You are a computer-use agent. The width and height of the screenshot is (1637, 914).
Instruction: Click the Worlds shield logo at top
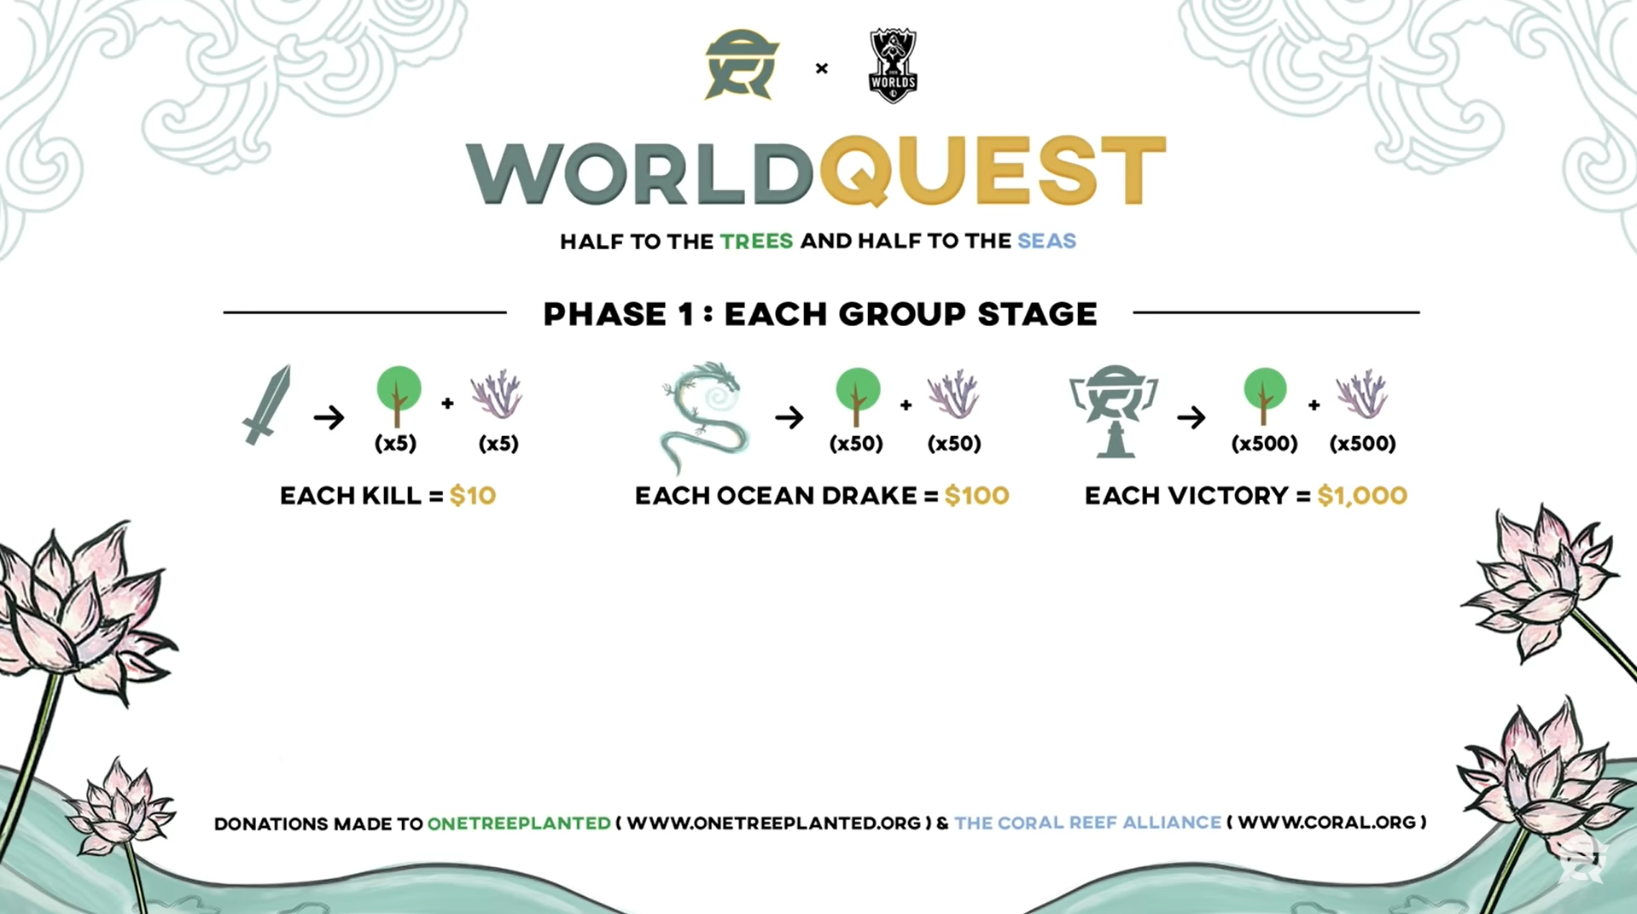pyautogui.click(x=893, y=66)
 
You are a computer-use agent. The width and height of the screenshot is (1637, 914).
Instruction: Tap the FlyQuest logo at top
pyautogui.click(x=742, y=65)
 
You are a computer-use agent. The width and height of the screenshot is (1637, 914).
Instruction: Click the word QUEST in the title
pyautogui.click(x=993, y=172)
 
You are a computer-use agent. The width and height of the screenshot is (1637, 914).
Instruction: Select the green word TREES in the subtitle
pyautogui.click(x=756, y=242)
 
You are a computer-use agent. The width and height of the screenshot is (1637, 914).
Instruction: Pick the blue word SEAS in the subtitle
pyautogui.click(x=1046, y=242)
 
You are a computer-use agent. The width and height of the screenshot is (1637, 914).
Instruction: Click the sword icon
pyautogui.click(x=267, y=405)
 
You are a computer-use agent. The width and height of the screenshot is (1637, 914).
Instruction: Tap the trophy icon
pyautogui.click(x=1114, y=411)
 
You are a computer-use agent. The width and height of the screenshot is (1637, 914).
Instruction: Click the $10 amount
pyautogui.click(x=473, y=496)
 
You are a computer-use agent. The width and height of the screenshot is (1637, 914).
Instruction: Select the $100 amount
pyautogui.click(x=976, y=496)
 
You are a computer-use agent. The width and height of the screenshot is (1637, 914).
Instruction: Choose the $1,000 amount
pyautogui.click(x=1362, y=496)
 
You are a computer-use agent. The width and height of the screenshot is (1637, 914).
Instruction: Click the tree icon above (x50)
pyautogui.click(x=857, y=396)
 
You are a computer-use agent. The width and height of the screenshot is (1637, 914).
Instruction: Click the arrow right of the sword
pyautogui.click(x=329, y=417)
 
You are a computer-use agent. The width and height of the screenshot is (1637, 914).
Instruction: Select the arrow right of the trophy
pyautogui.click(x=1191, y=417)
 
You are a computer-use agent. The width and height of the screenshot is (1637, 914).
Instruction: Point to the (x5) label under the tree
pyautogui.click(x=396, y=444)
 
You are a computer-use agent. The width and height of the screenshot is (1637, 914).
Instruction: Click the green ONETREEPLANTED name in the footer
pyautogui.click(x=519, y=824)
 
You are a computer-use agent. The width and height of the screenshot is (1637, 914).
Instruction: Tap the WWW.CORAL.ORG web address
pyautogui.click(x=1327, y=823)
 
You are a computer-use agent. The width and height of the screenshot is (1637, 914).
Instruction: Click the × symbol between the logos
pyautogui.click(x=822, y=68)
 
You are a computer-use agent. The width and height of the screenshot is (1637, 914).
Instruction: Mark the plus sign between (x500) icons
pyautogui.click(x=1314, y=405)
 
